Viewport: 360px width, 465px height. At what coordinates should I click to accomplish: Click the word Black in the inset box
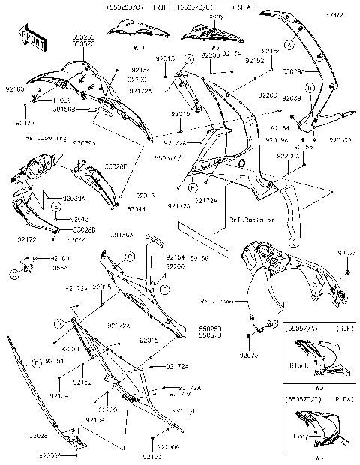click(x=298, y=367)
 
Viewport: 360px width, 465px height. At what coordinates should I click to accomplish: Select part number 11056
click(x=61, y=99)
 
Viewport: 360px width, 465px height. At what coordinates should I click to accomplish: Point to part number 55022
click(x=38, y=434)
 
